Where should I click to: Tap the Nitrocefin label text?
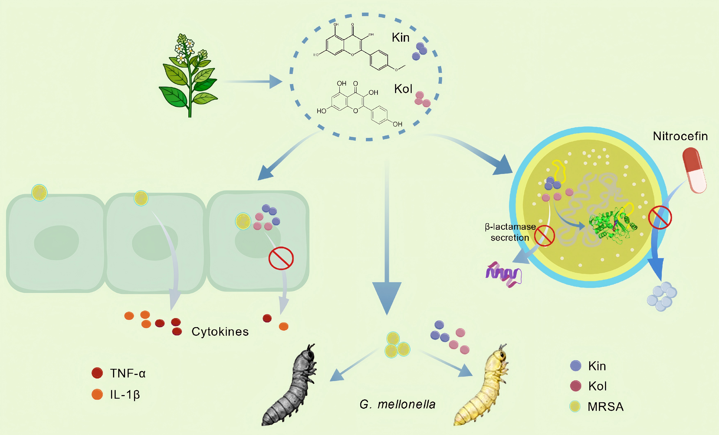[680, 136]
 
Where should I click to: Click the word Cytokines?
[220, 332]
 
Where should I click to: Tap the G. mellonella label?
[397, 404]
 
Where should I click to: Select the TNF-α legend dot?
[97, 373]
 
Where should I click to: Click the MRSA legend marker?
[575, 406]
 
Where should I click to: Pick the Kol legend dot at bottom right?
[575, 386]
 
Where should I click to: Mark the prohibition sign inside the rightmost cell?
[281, 258]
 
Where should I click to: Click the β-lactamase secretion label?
[510, 232]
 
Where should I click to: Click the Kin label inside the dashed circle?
[400, 38]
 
